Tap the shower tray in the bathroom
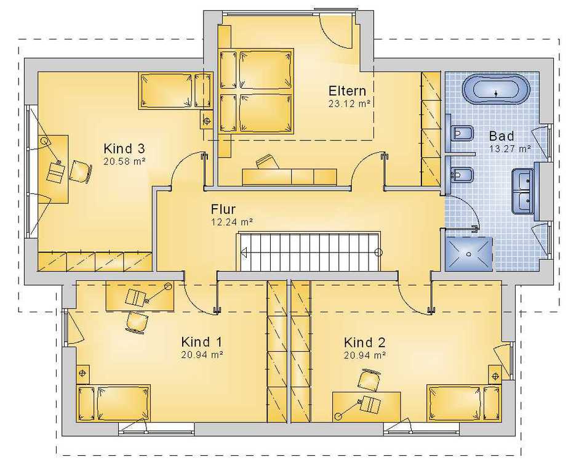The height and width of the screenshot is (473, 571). point(469,254)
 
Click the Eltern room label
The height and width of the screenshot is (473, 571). point(347,91)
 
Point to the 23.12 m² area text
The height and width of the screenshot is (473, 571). point(349,103)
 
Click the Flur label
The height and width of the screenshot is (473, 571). point(223,209)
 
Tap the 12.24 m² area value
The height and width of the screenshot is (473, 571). point(232,222)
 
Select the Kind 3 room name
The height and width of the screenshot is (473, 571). point(124,148)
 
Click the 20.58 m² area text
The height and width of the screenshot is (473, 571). point(124,161)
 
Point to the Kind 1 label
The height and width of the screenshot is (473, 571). point(201,342)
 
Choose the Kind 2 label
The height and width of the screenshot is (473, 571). point(364,342)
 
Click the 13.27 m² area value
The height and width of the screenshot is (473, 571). point(510,148)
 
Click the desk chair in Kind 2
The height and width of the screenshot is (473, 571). point(369,379)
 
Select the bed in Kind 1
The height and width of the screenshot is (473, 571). point(113,403)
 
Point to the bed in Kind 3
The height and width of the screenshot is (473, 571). point(175,91)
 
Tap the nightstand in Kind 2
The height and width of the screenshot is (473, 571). point(495,376)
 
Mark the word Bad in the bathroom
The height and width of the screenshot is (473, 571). point(501,136)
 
